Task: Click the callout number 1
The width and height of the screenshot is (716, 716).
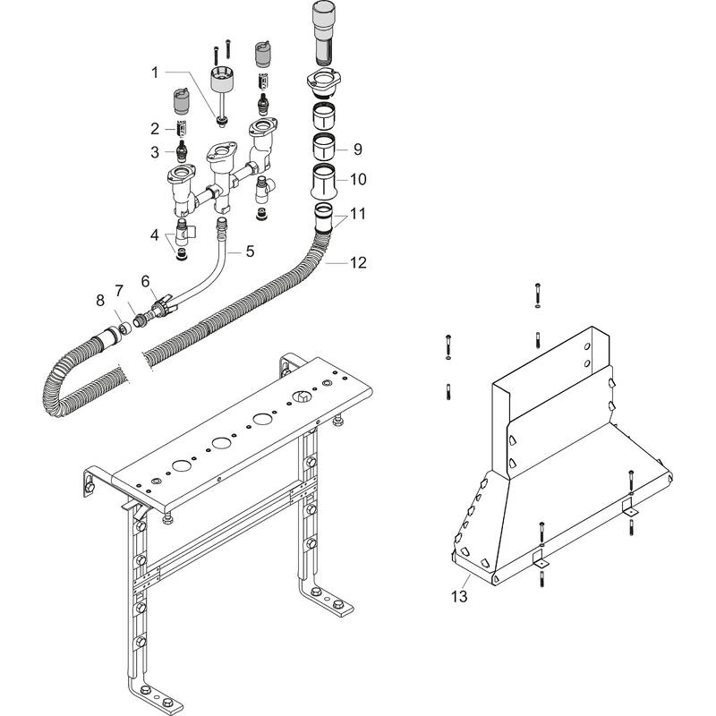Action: click(x=154, y=71)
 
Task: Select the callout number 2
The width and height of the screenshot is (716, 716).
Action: click(x=154, y=128)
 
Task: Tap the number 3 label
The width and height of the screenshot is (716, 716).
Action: click(x=154, y=151)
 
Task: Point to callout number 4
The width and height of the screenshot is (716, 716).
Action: click(x=154, y=236)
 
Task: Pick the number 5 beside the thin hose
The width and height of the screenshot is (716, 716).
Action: click(x=250, y=251)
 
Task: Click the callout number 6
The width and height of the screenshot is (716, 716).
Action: click(x=146, y=281)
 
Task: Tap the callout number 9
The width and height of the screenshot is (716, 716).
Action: click(x=357, y=149)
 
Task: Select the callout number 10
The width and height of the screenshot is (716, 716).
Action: click(x=357, y=179)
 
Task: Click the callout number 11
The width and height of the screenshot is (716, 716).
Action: click(x=357, y=215)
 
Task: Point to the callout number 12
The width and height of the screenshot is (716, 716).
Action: click(x=357, y=262)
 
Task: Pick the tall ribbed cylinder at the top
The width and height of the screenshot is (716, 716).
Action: click(x=323, y=31)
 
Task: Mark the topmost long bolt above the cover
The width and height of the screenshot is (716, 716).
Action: click(x=536, y=293)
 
